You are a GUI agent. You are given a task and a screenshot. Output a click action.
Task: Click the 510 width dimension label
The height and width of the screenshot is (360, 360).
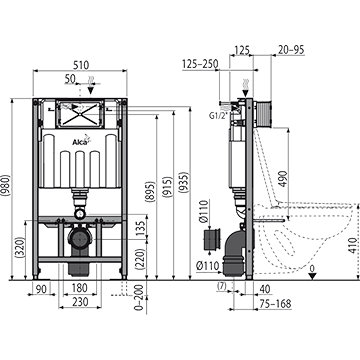(81, 65)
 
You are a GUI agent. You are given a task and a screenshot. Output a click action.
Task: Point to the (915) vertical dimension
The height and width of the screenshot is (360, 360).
(168, 188)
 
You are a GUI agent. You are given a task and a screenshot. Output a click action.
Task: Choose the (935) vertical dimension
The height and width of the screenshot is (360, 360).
(184, 182)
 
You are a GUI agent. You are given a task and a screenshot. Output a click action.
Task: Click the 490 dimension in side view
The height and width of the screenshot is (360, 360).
(282, 179)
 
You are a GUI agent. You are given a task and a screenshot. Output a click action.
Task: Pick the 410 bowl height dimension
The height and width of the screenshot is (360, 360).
(354, 245)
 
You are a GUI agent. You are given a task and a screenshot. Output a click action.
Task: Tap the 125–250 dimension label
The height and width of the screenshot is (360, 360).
(200, 64)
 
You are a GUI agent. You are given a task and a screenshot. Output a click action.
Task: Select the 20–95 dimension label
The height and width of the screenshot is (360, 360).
(291, 50)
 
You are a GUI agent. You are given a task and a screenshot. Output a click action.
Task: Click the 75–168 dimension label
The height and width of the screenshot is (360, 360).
(276, 304)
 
